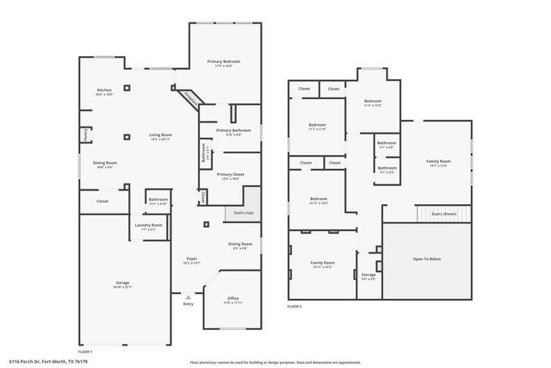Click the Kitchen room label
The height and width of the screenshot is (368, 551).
coord(103,90)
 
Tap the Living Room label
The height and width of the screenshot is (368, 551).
coord(160,135)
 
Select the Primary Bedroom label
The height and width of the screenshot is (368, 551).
coord(223,62)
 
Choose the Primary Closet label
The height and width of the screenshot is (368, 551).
coord(230,175)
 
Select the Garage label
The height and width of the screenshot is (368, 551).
coord(122,283)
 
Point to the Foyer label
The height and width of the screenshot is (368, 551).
coord(192,259)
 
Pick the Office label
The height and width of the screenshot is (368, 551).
coord(232,301)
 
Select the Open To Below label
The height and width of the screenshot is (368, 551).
coord(427,258)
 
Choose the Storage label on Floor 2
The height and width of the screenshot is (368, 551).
coord(368,275)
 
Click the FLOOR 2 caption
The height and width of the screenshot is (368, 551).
coord(294,306)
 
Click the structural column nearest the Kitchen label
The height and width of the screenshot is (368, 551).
coord(126,87)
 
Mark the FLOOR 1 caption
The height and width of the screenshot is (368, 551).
coord(85,352)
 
